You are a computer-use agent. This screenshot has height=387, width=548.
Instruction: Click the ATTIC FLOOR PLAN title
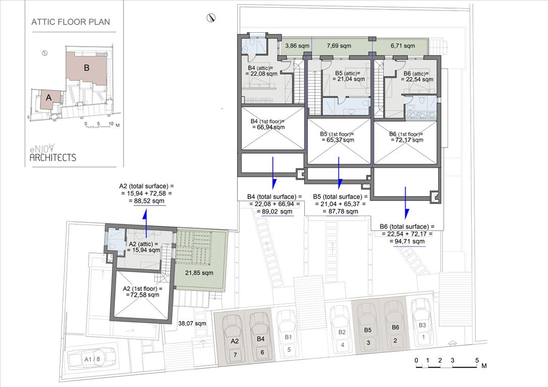[x=71, y=22]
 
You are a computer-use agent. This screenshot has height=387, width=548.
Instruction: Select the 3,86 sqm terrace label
[x=297, y=46]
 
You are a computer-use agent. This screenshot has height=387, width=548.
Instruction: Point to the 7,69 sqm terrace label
[x=339, y=46]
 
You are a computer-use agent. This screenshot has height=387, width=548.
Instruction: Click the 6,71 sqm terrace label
[x=403, y=46]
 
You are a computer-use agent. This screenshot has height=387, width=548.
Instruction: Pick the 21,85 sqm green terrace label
[x=199, y=273]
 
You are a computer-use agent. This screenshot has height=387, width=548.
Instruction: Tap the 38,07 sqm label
[x=192, y=324]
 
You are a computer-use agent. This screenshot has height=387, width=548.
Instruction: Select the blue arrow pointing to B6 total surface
[x=406, y=202]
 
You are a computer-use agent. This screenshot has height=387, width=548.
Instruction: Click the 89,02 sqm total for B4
[x=275, y=212]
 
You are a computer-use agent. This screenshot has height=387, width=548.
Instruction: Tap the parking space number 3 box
[x=368, y=343]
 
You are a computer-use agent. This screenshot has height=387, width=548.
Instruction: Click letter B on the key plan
[x=87, y=68]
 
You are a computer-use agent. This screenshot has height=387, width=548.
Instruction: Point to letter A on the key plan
[x=48, y=98]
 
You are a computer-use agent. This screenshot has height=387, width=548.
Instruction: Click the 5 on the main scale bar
[x=477, y=360]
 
